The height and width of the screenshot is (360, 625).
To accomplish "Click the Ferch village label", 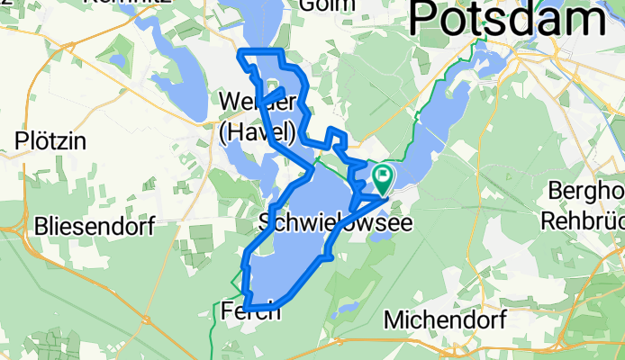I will click(x=250, y=312).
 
